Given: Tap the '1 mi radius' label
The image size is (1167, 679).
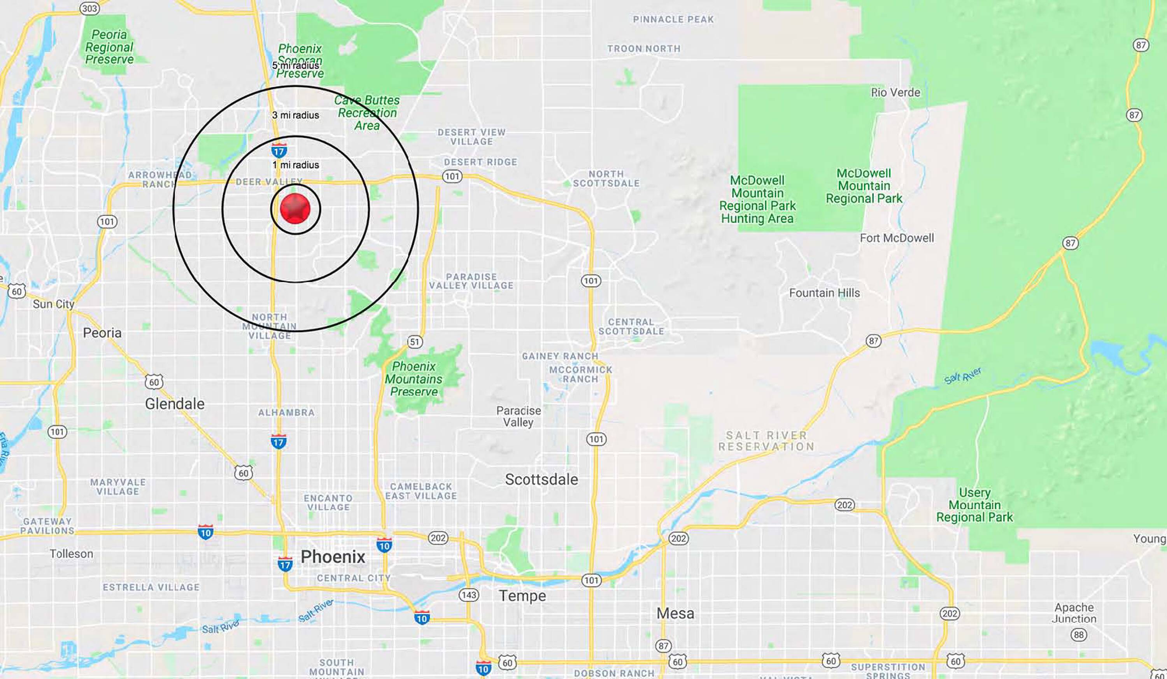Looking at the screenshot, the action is [296, 165].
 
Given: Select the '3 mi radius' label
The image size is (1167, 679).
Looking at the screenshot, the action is [296, 115].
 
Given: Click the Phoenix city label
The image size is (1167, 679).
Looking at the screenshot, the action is [333, 556].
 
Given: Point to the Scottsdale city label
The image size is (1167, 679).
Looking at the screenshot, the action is [541, 479].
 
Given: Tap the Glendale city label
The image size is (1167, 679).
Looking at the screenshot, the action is [175, 404].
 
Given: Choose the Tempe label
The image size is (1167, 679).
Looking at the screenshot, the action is [522, 596].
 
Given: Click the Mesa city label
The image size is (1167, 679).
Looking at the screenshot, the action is [675, 613].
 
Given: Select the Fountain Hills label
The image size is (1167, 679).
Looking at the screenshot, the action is [824, 293].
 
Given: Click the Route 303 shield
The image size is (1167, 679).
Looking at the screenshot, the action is [89, 8].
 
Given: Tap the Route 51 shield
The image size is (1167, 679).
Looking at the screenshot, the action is [414, 342].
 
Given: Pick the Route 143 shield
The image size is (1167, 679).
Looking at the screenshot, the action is [468, 595].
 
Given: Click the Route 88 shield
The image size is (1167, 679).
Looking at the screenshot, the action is [1079, 635].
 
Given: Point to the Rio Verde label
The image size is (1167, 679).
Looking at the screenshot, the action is [895, 93].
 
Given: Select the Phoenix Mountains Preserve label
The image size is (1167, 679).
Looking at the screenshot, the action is [414, 379].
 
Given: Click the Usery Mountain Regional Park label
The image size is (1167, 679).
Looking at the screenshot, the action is [974, 505].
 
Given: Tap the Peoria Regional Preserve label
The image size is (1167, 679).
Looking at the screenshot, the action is [109, 47].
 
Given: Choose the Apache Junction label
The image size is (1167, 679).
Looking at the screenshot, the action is [1074, 613].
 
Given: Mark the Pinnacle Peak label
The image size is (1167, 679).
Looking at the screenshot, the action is [673, 19].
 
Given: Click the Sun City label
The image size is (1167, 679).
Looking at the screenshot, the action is [53, 304].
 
